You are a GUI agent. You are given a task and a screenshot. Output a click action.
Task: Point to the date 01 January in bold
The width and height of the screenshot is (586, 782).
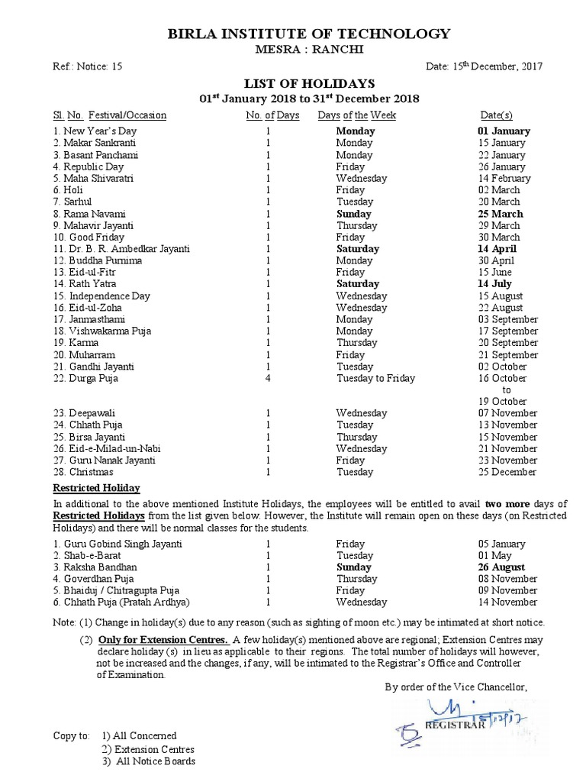[x=504, y=131]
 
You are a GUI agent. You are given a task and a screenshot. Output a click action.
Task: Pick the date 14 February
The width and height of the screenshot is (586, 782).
[x=504, y=178]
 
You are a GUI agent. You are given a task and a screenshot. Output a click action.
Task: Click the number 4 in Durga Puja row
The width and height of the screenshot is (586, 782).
[x=269, y=378]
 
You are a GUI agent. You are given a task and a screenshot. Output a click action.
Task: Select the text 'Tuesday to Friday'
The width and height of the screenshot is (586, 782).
[x=375, y=378]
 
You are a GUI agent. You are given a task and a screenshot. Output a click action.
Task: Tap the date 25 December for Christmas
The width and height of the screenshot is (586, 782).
[x=504, y=472]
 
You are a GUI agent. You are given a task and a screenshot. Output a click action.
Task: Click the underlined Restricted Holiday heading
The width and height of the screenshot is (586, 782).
[x=96, y=488]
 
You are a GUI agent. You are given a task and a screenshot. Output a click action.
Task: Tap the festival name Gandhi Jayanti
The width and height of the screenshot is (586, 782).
[x=98, y=366]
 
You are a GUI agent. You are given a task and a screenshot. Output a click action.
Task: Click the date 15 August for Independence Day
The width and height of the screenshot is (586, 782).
[x=501, y=296]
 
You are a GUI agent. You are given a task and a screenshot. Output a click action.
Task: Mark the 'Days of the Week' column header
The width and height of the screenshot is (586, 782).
[x=357, y=115]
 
